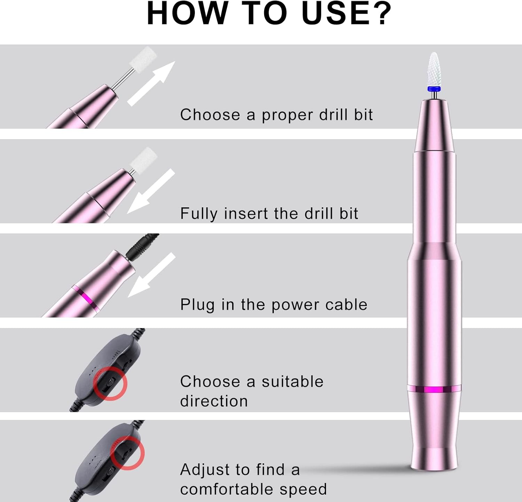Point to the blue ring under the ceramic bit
(433, 89)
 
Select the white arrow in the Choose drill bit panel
(151, 83)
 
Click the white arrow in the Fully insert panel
(151, 191)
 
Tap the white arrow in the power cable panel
(152, 275)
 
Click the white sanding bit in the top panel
(143, 57)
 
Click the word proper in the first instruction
(287, 115)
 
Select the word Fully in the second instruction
(199, 214)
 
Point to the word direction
(214, 401)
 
